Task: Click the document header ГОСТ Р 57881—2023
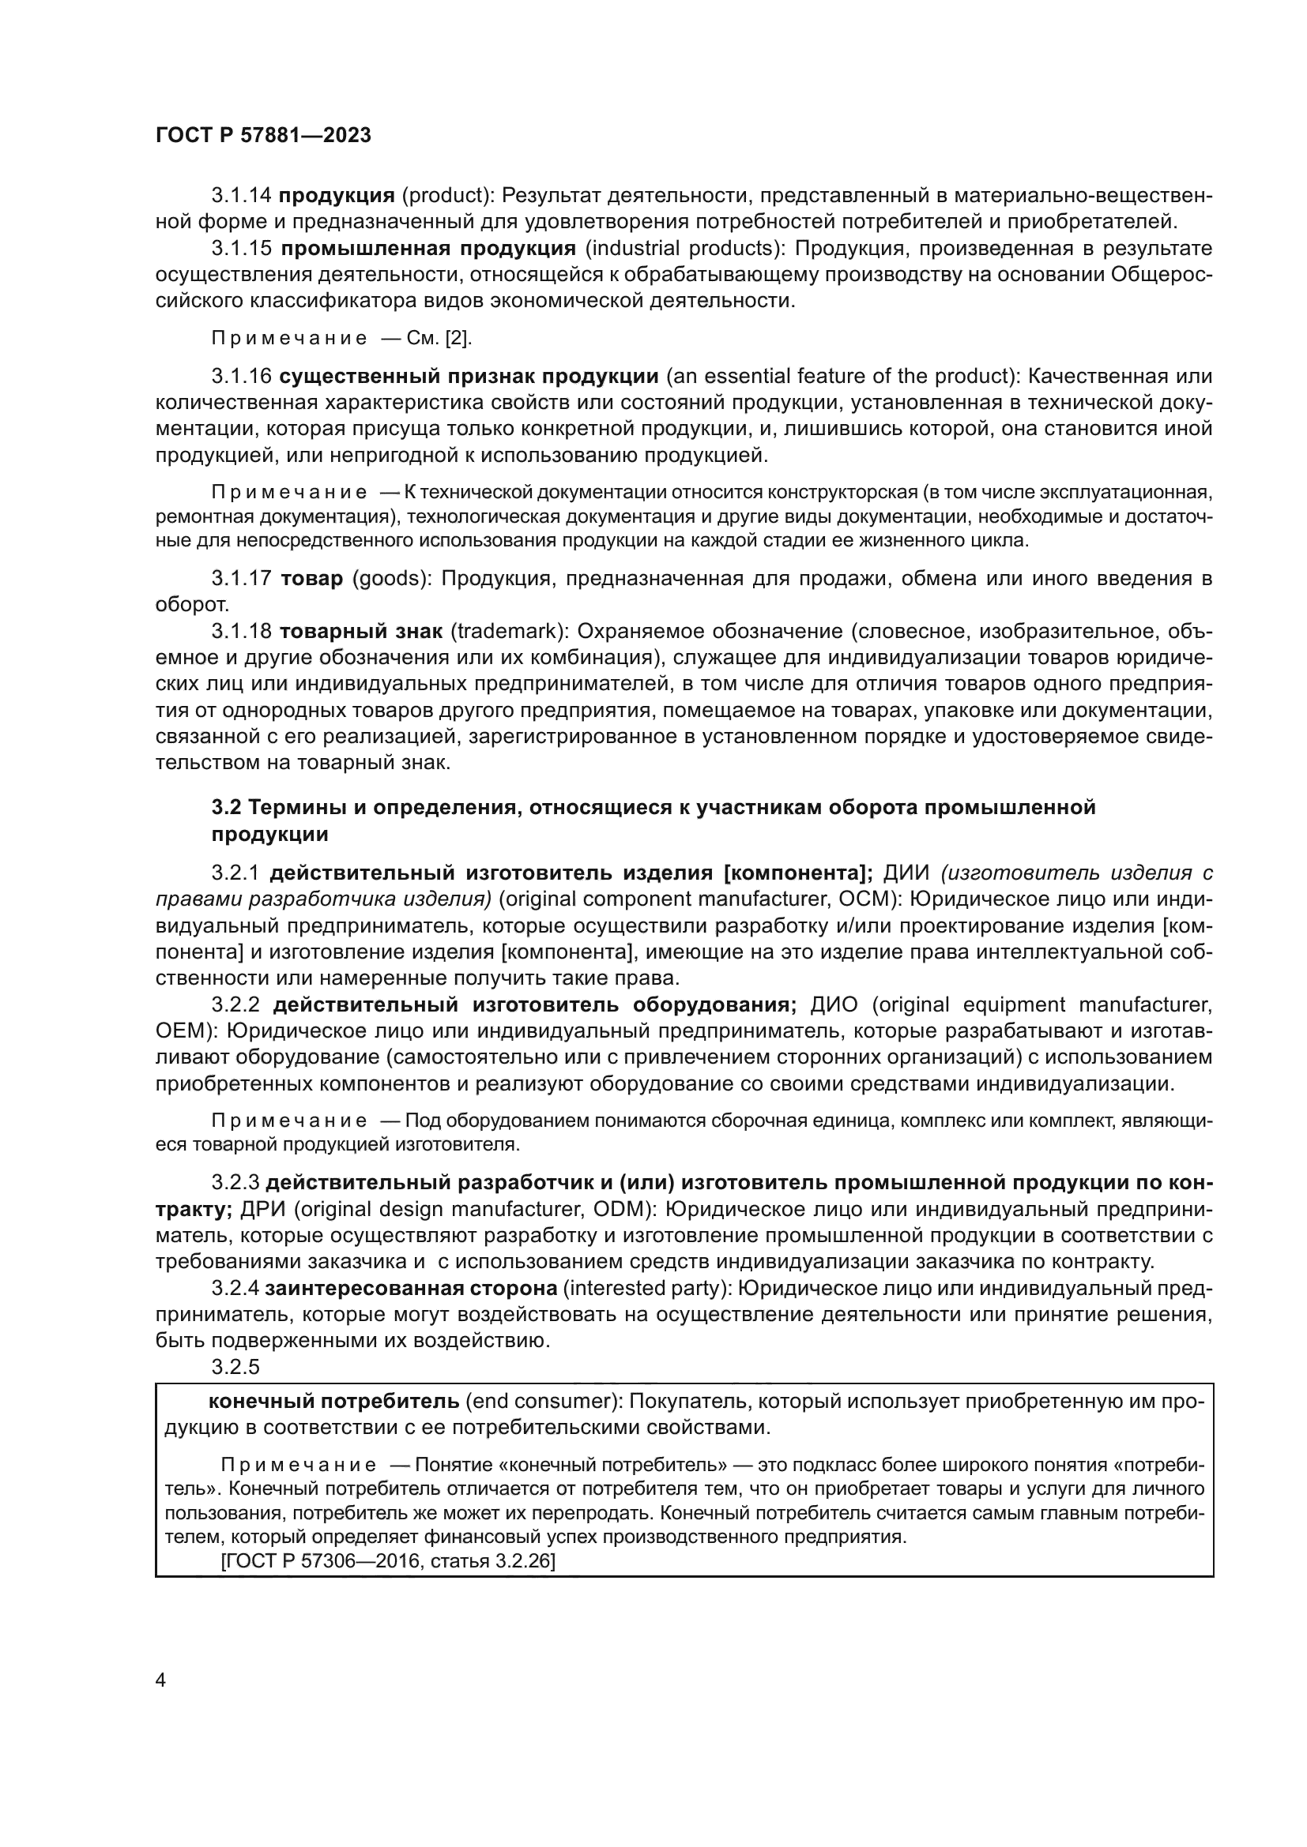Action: coord(263,136)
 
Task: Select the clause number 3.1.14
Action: coord(242,196)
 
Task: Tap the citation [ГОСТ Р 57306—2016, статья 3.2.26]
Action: coord(387,1562)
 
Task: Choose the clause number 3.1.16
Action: coord(242,377)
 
